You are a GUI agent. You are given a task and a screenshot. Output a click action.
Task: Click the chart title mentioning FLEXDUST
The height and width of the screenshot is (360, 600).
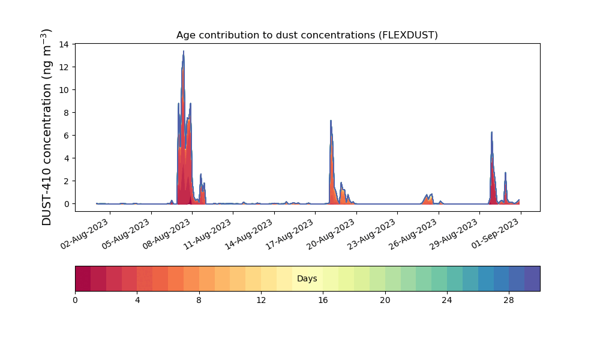coord(307,35)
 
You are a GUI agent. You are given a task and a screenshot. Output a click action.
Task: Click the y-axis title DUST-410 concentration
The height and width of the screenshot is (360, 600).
coord(46,127)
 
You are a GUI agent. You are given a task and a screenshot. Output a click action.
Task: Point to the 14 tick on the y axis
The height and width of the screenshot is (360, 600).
coord(64,44)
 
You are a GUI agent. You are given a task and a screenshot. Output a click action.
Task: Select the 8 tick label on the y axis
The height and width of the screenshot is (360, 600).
coord(67,113)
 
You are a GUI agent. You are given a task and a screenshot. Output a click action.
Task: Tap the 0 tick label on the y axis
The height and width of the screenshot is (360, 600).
coord(67,204)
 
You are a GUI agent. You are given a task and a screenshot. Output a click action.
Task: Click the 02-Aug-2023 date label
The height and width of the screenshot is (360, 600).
coord(85,234)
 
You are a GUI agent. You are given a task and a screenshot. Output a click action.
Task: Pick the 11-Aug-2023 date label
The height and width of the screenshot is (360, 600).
coord(208,234)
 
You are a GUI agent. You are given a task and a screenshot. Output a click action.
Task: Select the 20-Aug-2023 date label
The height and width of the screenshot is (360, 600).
coord(331,234)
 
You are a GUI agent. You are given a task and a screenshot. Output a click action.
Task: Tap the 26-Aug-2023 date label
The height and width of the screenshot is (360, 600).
coord(413,234)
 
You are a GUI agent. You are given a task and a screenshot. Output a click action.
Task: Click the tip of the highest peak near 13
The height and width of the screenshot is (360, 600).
coord(183,51)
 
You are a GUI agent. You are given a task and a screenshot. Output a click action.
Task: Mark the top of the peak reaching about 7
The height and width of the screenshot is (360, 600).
coord(331,121)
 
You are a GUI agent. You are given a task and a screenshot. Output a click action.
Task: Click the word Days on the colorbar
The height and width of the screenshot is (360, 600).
coord(307,278)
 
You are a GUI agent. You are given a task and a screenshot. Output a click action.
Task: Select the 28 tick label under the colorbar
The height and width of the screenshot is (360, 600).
coord(509,301)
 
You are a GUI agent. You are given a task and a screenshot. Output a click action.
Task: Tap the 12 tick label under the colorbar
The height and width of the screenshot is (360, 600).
coord(261,301)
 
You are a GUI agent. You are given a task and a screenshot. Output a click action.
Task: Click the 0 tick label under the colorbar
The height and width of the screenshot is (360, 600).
coord(75,301)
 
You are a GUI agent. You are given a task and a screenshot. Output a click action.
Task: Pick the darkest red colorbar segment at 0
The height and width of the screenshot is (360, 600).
coord(83,278)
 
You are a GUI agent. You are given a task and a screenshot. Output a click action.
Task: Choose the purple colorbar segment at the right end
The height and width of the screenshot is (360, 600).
coord(532,278)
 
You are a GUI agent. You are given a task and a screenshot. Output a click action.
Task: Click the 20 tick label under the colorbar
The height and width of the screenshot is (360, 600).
coord(385,301)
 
